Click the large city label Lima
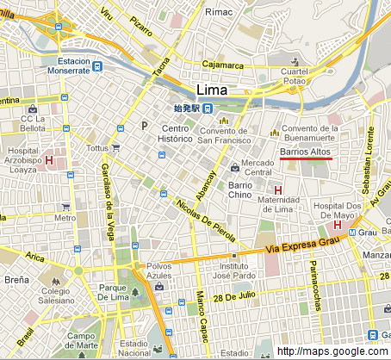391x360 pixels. [x=214, y=90]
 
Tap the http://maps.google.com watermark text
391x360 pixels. [x=332, y=351]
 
